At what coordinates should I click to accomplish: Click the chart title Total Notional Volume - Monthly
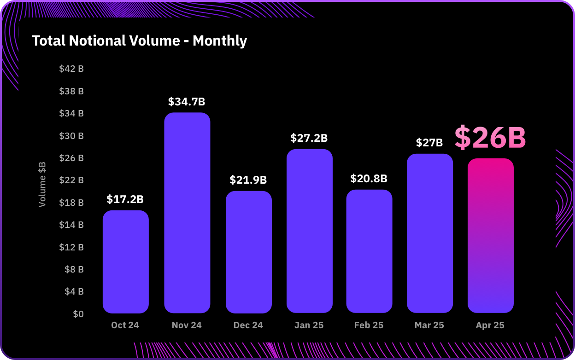click(140, 41)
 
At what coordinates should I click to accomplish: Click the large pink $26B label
click(490, 138)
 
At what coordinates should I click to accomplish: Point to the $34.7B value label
click(187, 102)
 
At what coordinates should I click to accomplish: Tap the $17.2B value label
click(125, 199)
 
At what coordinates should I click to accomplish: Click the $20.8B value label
click(369, 179)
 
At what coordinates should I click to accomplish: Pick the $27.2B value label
click(309, 138)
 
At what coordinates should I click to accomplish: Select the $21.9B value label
click(248, 180)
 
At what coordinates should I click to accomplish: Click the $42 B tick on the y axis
click(71, 69)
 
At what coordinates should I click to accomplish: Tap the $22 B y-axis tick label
click(71, 180)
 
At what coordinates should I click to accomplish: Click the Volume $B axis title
click(42, 184)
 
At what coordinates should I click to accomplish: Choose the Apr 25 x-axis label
click(490, 325)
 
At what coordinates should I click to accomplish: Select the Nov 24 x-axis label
click(187, 325)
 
